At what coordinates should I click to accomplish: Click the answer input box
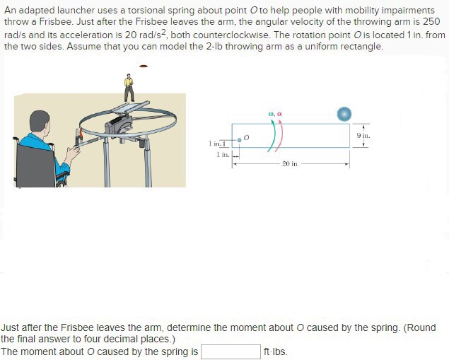click(231, 352)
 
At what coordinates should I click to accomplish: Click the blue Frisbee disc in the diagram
click(344, 114)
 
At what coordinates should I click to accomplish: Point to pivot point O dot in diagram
click(239, 140)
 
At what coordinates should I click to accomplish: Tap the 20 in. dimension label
click(291, 164)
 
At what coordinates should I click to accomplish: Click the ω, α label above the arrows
click(276, 112)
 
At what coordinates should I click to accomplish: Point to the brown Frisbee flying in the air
click(144, 66)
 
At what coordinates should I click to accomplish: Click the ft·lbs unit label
click(276, 352)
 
